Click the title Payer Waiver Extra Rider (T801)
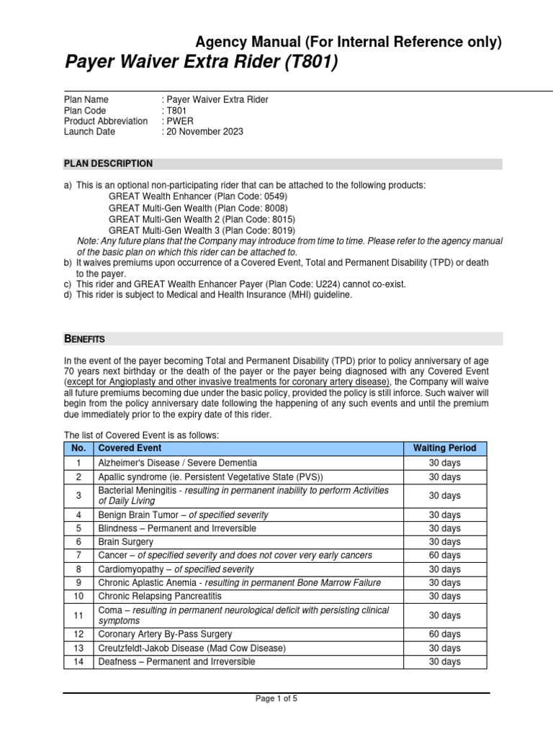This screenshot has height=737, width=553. coord(201,64)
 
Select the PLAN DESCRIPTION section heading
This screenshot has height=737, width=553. coord(108,163)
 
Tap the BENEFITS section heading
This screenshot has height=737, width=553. coord(85,338)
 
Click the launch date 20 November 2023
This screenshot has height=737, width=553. coord(205,132)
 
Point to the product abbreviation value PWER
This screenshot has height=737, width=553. coord(179,121)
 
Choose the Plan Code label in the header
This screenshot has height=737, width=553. coord(85,110)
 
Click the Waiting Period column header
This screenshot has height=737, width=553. coord(444,448)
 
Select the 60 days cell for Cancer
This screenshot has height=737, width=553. coord(444,555)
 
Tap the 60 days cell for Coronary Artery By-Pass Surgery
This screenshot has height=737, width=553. coord(444,634)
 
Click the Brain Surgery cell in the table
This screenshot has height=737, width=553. coord(126,541)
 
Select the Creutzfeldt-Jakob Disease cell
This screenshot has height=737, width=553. coord(192,648)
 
